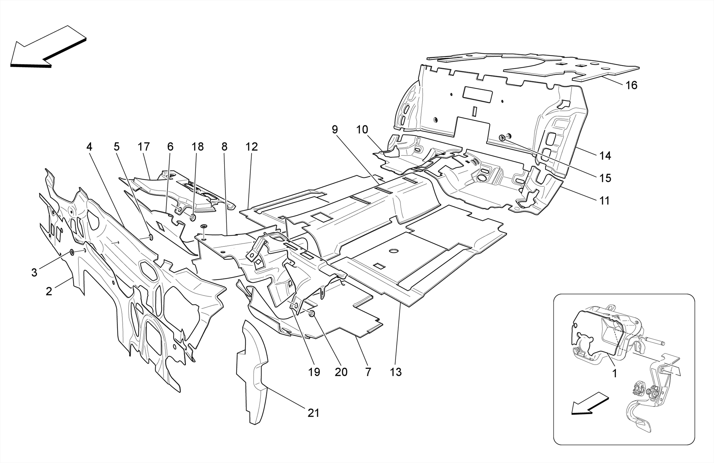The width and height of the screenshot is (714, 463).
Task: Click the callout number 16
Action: coord(631,85)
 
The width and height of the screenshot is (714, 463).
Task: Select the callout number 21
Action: coord(313,413)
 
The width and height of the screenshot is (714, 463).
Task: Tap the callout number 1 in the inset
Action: coord(615,374)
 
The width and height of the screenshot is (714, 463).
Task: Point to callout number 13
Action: coord(396,372)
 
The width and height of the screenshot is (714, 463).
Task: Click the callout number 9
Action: coord(335,130)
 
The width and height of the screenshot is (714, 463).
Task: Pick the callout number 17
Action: coord(143,147)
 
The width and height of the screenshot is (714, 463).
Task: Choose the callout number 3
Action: coord(34,272)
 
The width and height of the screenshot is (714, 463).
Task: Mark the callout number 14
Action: coord(605,156)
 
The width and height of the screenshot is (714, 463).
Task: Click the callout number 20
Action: coord(341,372)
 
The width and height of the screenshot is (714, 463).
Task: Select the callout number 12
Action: coord(251,147)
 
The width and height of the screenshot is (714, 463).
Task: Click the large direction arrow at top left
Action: coord(47,47)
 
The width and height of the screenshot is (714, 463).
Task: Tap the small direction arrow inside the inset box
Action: coord(589,404)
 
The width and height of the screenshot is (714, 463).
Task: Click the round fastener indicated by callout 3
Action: coord(71,252)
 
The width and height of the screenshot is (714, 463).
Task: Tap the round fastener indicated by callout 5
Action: coord(151,237)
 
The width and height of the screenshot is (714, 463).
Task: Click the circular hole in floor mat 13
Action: coord(394,251)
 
